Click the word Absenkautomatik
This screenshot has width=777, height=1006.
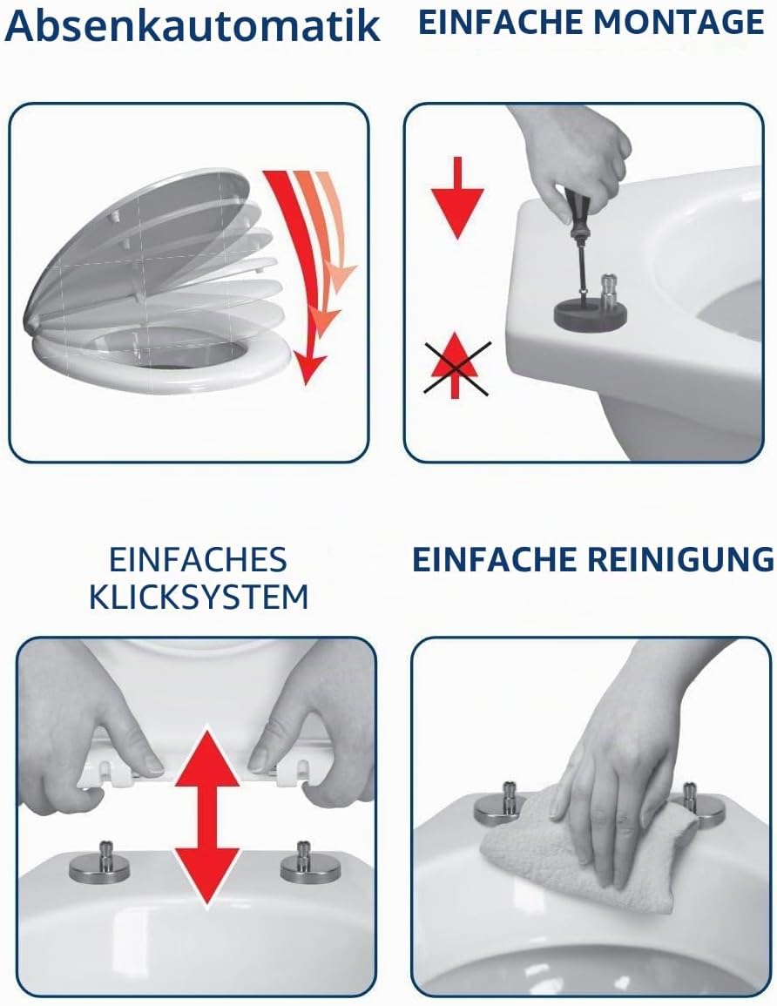point(193,25)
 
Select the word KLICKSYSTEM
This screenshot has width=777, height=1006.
point(199,598)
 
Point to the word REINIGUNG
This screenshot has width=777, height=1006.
point(681,559)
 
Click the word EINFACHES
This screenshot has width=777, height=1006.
point(198,559)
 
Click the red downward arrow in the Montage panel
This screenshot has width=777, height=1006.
point(456,198)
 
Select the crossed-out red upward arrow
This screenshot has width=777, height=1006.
point(456,366)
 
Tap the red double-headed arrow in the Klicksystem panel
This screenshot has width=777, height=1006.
point(206,817)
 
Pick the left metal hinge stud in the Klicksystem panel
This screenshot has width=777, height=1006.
point(99,863)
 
